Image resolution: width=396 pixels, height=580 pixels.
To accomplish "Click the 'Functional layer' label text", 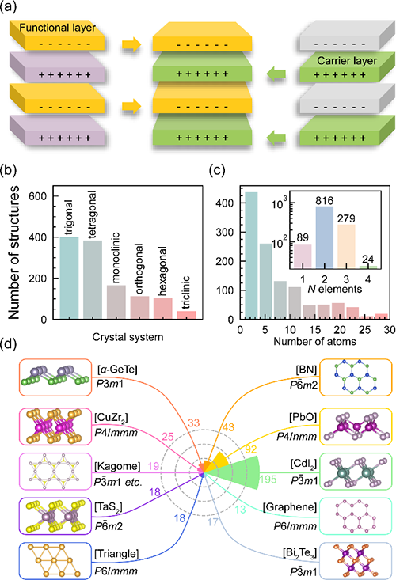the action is point(57,28).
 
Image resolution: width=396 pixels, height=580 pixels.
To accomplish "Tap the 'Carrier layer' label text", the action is point(347,61).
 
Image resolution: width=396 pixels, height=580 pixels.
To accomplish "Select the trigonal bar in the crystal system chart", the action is point(69,278).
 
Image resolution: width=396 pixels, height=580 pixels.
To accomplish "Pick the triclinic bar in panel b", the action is point(187,315).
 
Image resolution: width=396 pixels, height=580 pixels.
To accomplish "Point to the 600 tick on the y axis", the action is point(38,196).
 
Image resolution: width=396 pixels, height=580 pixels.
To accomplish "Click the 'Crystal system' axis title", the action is point(128,337).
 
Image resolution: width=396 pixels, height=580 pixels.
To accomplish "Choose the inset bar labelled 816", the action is point(325,237).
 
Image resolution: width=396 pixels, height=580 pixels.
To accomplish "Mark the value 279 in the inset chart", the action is point(346,218).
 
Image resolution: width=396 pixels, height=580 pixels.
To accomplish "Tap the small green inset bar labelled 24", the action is point(368,267).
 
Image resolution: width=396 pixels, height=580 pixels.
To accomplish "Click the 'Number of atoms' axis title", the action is point(314,341).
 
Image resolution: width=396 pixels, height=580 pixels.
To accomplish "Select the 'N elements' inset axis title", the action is point(335,289).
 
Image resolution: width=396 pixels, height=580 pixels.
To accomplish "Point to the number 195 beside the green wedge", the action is point(268,479).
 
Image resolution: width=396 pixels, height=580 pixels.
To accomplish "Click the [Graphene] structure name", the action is point(290,507).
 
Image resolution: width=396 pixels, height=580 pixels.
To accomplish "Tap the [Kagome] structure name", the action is point(117,466).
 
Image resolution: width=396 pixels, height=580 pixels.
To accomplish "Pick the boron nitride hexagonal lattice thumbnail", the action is point(356,377).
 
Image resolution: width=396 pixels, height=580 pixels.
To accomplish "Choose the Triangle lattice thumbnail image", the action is point(55,561).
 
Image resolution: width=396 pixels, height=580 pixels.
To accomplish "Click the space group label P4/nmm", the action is point(296,437).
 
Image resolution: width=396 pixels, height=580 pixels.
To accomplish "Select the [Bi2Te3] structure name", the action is point(299,554).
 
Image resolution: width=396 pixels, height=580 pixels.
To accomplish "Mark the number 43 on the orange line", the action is point(228,427).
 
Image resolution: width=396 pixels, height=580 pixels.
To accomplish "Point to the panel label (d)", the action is point(9,345).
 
